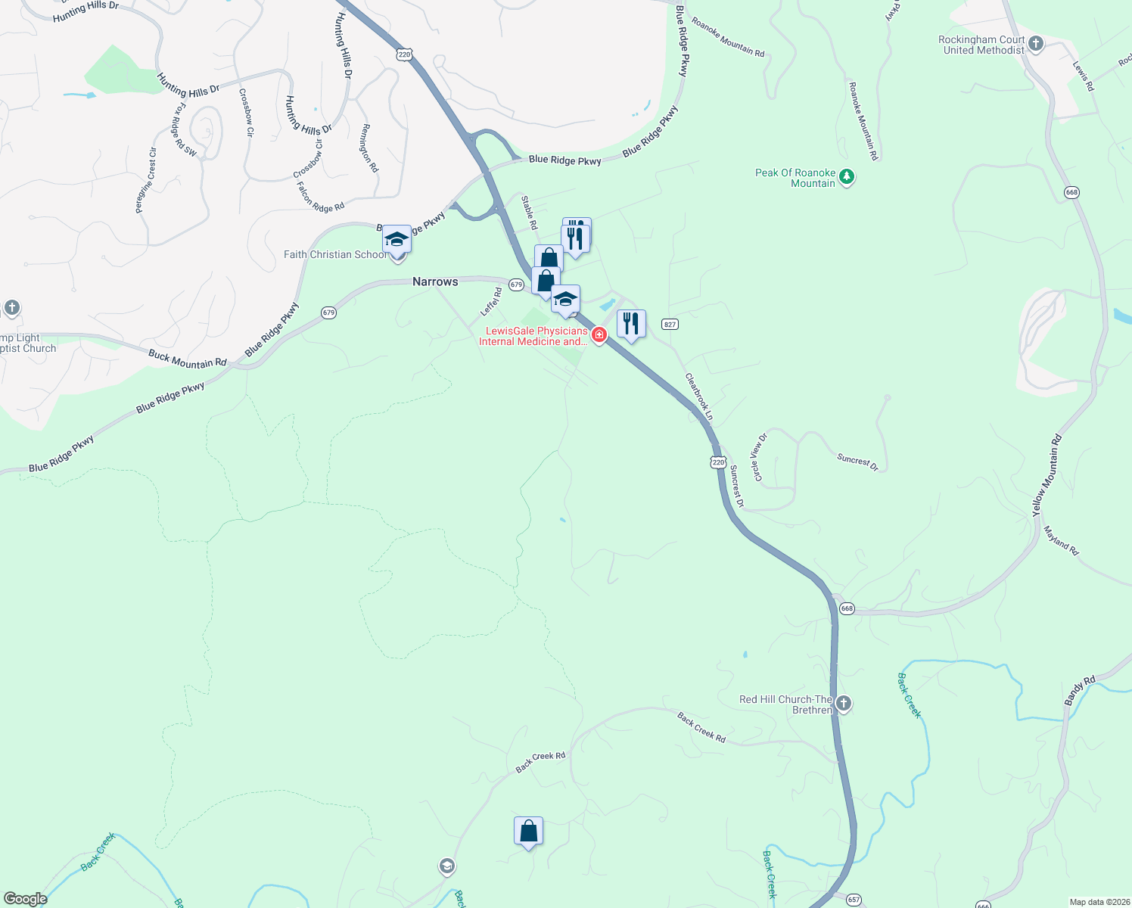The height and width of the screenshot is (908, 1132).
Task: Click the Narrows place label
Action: pos(435,281)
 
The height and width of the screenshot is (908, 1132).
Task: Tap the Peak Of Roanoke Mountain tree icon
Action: pos(847,178)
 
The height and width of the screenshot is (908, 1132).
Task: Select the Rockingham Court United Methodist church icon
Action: pos(1036,44)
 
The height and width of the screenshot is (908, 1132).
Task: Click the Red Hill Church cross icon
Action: pos(844,704)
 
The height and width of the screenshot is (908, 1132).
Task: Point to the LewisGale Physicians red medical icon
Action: pos(599,334)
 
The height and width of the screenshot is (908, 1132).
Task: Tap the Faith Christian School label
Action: pos(335,254)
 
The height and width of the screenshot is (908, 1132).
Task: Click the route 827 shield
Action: pos(670,324)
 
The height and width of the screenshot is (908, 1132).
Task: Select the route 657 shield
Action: pos(854,900)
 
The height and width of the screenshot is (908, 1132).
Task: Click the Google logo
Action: pos(26,899)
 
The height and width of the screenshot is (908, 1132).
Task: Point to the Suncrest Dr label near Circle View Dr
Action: pos(857,462)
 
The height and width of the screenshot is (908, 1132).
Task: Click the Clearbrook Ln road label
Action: pos(699,396)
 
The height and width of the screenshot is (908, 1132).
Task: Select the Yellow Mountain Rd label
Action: pos(1047,476)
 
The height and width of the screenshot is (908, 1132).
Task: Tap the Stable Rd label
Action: pos(529,213)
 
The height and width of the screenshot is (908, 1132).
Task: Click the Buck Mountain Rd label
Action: pos(188,359)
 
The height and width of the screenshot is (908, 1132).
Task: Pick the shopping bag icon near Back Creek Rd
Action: pos(528,832)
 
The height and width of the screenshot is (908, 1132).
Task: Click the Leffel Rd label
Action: pos(491,302)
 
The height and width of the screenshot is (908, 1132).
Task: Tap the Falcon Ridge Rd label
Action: pos(320,197)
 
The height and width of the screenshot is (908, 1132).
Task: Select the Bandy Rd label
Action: pos(1080,692)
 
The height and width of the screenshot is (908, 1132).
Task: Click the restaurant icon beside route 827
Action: pos(631,324)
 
